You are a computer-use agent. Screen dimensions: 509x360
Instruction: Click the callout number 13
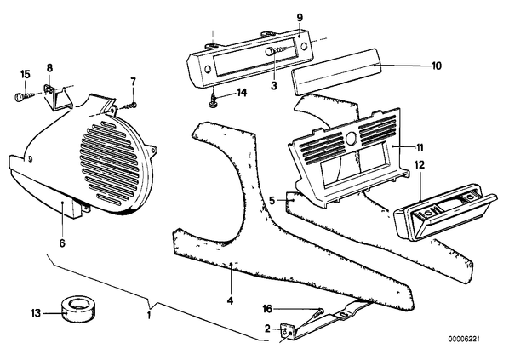36,313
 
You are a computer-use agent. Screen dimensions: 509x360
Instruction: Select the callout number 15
26,74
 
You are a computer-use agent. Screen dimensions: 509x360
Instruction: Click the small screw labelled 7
130,106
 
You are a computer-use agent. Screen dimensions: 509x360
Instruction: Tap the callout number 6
62,243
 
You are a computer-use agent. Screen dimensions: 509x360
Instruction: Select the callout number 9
300,18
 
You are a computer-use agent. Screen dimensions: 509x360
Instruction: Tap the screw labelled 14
212,100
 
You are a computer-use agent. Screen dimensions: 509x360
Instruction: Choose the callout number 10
437,66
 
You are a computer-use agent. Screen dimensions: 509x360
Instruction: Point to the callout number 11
420,148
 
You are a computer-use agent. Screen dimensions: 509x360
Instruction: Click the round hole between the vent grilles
351,138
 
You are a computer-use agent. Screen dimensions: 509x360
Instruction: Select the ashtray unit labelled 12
445,213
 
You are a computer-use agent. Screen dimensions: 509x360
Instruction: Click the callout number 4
230,301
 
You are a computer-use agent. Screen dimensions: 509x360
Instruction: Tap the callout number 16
267,309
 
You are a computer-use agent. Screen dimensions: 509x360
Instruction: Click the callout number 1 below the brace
149,315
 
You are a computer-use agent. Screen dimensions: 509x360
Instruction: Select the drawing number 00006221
464,340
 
